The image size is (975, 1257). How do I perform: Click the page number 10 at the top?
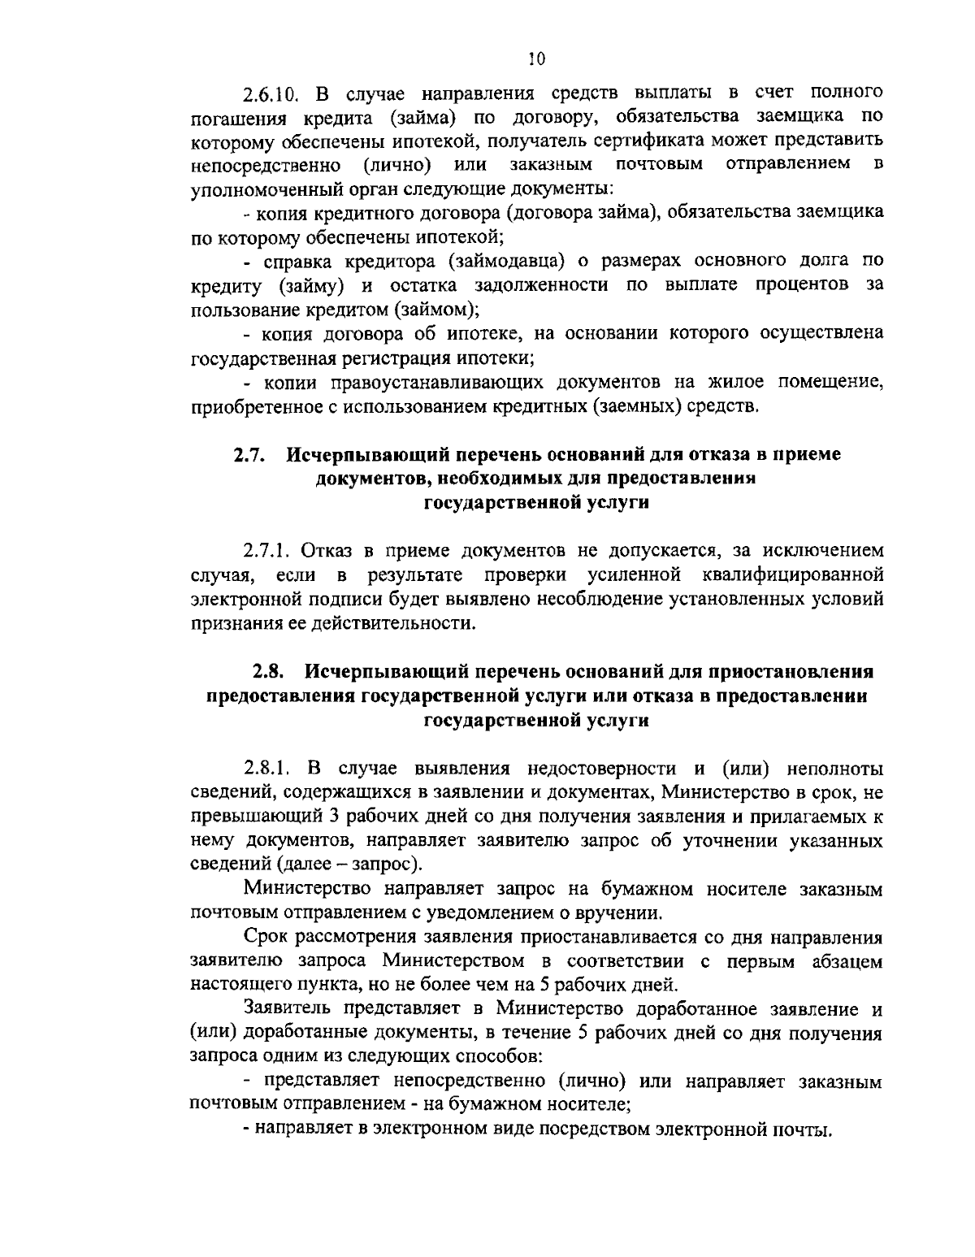535,58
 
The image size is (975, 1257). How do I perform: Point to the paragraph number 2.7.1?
267,550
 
